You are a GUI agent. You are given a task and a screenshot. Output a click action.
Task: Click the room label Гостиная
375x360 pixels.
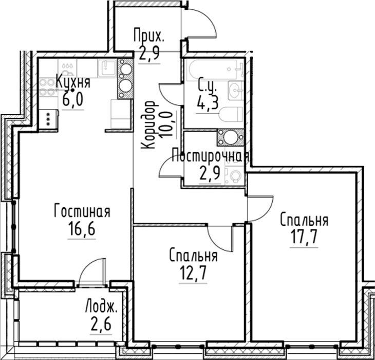point(82,211)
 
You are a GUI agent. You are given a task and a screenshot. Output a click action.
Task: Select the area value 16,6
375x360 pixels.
point(82,228)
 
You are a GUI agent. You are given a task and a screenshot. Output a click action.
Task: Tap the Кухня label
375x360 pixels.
point(73,82)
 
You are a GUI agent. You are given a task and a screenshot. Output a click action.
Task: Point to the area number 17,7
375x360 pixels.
point(304,237)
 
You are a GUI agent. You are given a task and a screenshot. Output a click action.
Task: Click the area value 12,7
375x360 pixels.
point(193,273)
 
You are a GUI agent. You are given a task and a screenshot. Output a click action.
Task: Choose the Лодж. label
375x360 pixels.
point(101,306)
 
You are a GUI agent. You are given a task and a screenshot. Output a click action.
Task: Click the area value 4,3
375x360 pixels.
point(208,103)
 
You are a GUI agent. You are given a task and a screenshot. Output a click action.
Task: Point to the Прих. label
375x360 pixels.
point(149,35)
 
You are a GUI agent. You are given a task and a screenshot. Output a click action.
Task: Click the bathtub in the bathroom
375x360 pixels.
point(212,69)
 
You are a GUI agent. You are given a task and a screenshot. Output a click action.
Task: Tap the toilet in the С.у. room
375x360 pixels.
point(231,114)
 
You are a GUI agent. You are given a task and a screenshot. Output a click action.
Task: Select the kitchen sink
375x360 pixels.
point(107,68)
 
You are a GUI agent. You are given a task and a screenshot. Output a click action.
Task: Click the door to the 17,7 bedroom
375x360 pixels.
point(260,208)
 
